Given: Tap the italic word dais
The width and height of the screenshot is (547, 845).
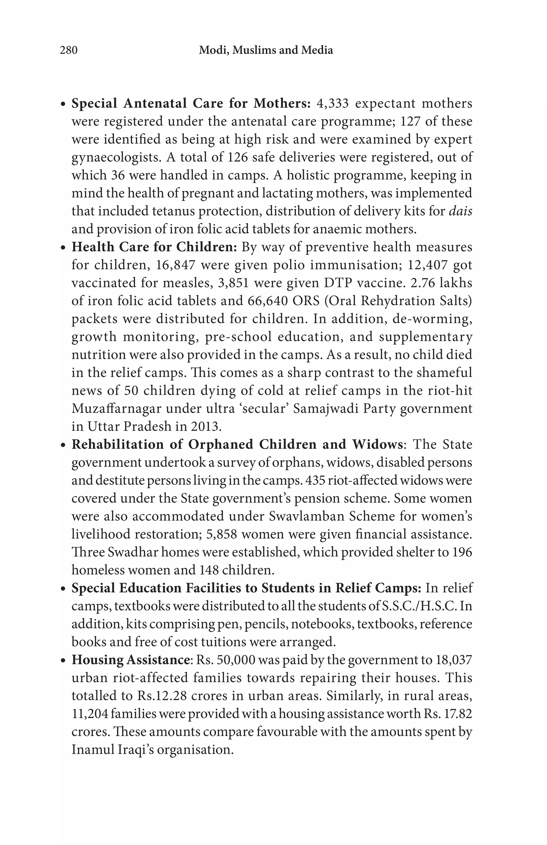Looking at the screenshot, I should pyautogui.click(x=460, y=211).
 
